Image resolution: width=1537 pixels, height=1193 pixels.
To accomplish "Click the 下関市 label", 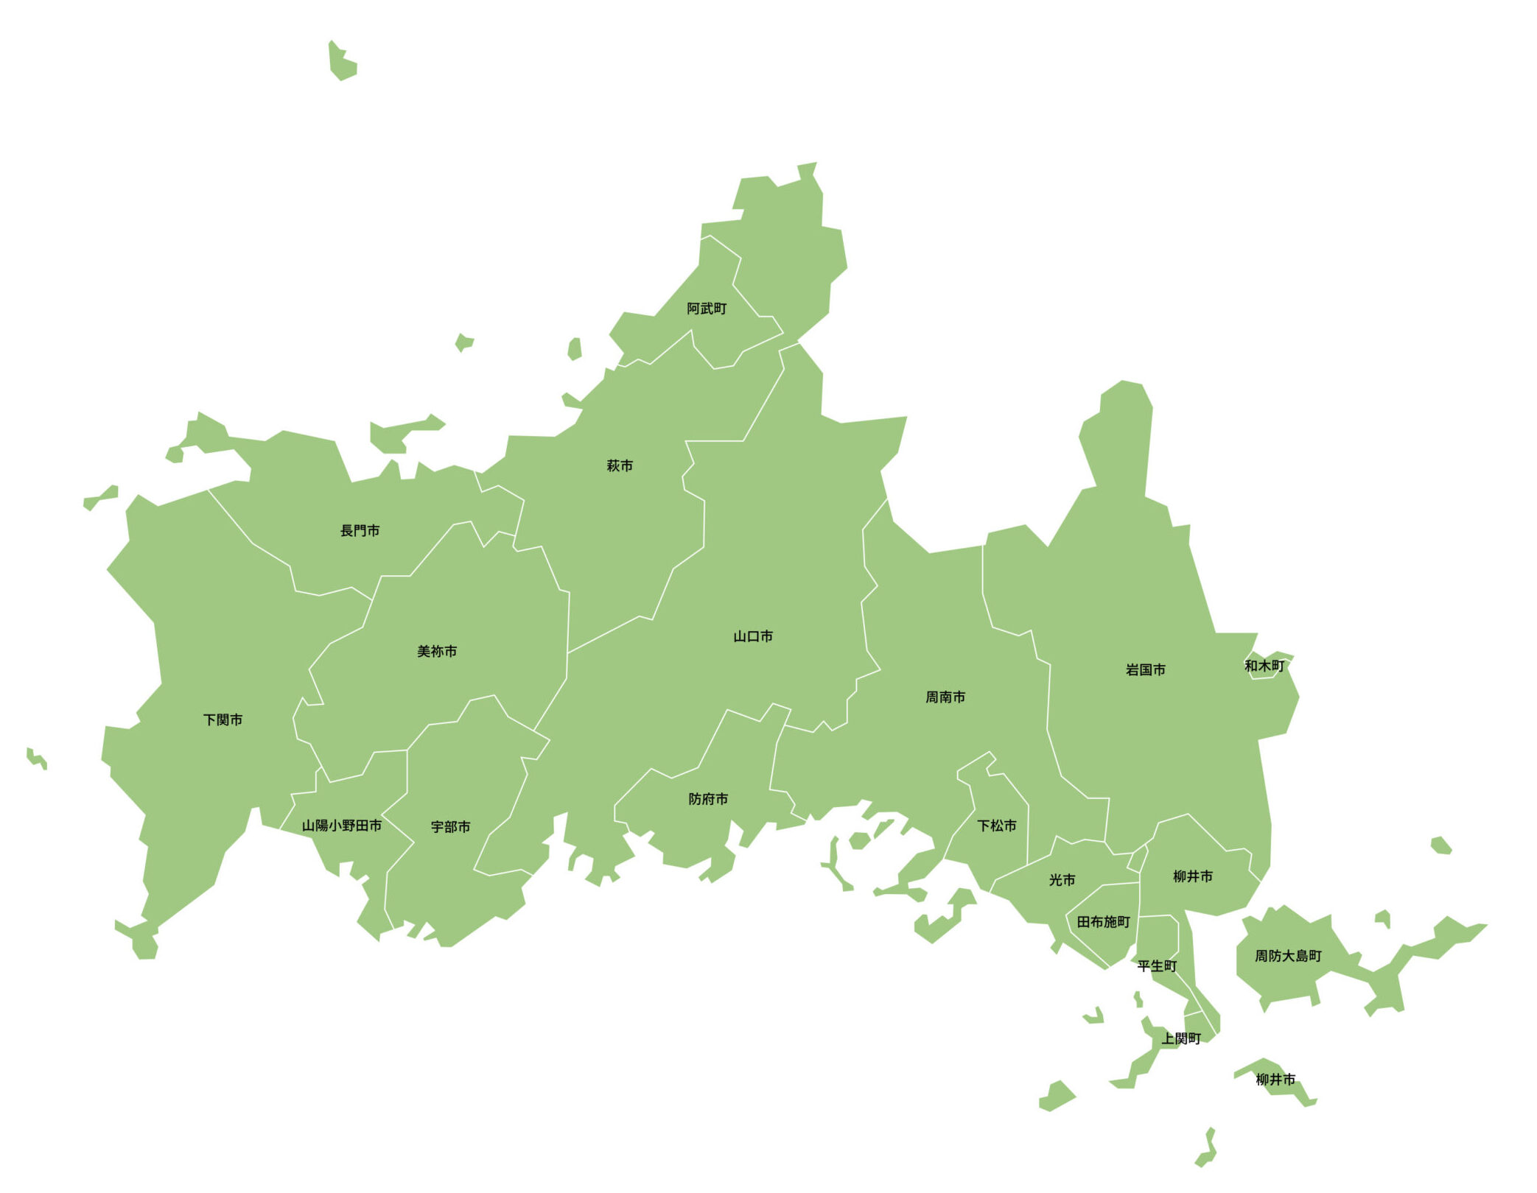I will point(223,719).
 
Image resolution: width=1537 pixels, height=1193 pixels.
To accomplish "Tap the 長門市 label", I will point(360,530).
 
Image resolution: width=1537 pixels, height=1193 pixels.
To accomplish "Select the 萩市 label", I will point(619,465).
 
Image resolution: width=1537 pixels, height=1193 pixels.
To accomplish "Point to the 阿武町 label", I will point(706,309).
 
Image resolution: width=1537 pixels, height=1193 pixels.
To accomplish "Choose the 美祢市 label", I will point(436,651).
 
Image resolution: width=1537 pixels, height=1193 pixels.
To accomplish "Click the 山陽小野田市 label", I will point(341,826).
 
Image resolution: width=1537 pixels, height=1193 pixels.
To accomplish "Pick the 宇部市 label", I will point(450,827).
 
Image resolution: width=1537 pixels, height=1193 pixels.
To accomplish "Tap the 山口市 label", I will point(752,636).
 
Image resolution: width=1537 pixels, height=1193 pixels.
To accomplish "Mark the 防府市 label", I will point(707,799).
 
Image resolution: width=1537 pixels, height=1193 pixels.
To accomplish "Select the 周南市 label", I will point(945,697).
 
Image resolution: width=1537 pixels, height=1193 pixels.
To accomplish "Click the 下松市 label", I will point(996,826).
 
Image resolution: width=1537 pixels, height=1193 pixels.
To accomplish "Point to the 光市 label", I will point(1061,880).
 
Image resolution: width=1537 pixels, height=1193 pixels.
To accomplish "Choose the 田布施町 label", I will point(1102,922).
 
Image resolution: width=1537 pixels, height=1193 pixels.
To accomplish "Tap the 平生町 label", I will point(1157,966).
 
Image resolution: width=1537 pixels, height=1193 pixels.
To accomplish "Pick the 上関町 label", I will point(1180,1038).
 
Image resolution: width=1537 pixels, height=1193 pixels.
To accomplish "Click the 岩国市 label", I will point(1145,670).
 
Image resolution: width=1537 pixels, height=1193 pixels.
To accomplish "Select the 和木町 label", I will point(1264,666).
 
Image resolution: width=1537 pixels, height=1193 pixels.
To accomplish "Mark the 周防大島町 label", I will point(1287,956).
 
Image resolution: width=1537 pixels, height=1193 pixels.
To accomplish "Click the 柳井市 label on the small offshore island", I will point(1275,1080).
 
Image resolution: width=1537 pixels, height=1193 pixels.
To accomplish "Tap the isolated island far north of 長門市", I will point(342,61).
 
